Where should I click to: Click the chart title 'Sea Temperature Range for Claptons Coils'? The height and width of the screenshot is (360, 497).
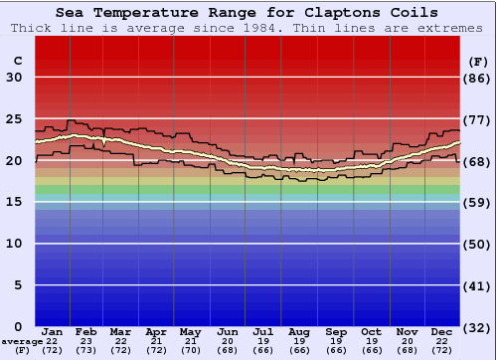[x=247, y=13]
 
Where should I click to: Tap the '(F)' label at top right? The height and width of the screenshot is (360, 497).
[x=477, y=61]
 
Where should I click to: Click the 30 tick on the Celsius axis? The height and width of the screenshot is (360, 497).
[x=14, y=78]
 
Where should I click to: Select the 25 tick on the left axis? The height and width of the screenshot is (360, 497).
[x=14, y=119]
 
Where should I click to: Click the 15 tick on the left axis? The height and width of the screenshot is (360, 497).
[x=14, y=202]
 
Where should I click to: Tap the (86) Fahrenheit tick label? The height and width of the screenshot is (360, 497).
[x=477, y=78]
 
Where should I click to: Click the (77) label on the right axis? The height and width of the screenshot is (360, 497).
[x=477, y=119]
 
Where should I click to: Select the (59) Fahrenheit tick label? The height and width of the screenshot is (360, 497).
[x=477, y=202]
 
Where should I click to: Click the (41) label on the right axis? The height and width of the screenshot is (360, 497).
[x=477, y=285]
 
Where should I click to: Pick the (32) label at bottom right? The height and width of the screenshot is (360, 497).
[x=477, y=327]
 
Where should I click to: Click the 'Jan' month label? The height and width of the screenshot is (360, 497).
[x=53, y=331]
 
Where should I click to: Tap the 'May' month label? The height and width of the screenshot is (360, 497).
[x=189, y=331]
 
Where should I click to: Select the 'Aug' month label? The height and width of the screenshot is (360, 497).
[x=299, y=331]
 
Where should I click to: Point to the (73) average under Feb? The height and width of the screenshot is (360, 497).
[x=86, y=350]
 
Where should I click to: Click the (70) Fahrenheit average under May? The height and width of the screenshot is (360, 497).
[x=189, y=350]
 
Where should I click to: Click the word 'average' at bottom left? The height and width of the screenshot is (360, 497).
[x=21, y=341]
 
